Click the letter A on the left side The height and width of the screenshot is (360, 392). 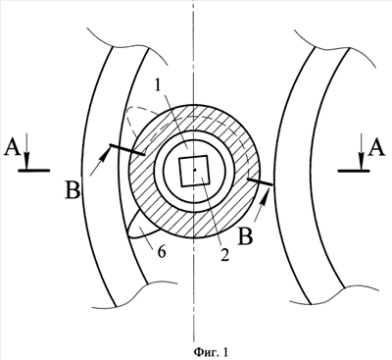(x=12, y=148)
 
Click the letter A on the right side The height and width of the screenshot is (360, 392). (x=376, y=148)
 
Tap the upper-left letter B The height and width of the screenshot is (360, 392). (x=73, y=191)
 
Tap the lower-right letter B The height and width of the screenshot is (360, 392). (x=246, y=237)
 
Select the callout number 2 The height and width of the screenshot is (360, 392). (x=223, y=253)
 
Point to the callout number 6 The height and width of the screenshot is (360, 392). (x=162, y=252)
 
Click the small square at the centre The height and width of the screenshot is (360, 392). (x=194, y=171)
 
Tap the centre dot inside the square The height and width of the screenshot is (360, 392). (x=195, y=170)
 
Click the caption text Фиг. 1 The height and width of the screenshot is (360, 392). (x=211, y=352)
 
